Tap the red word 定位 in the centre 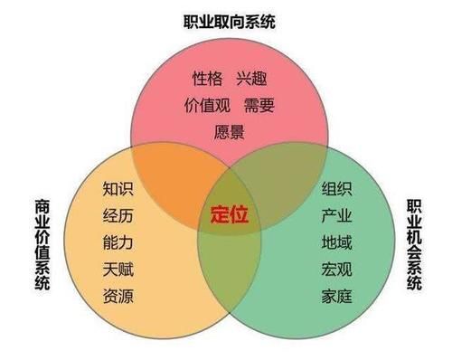(230, 215)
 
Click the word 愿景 (230, 130)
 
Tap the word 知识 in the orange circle (118, 189)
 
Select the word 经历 (118, 215)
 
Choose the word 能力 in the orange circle (118, 242)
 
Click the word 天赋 (118, 268)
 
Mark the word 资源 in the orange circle (118, 294)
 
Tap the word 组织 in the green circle (336, 189)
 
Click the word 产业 (336, 215)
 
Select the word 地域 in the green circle (336, 242)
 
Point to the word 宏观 (336, 268)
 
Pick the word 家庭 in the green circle (336, 294)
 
